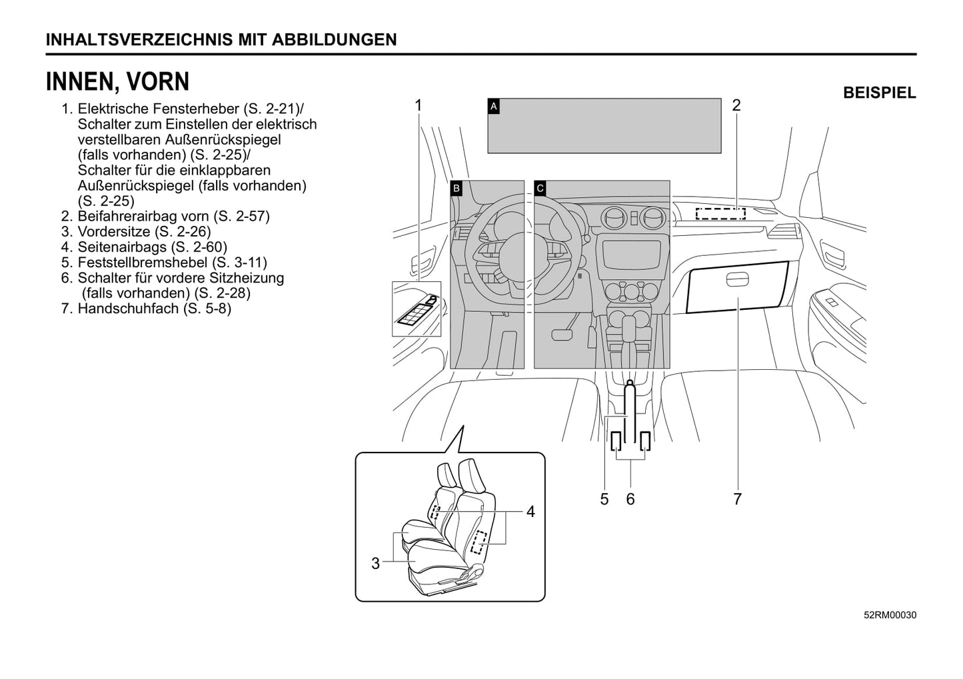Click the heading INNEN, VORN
tap(117, 82)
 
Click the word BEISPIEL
tap(879, 93)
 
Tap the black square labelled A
tap(494, 106)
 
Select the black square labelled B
tap(457, 188)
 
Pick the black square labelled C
tap(540, 188)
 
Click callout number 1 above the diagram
tap(419, 105)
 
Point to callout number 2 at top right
tap(736, 105)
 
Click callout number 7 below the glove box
tap(737, 498)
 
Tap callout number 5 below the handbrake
tap(604, 498)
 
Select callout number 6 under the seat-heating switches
tap(630, 498)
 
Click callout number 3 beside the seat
tap(375, 564)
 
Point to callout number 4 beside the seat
tap(530, 512)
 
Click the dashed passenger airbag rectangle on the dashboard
tap(720, 213)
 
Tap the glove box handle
tap(738, 280)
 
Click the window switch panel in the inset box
tap(416, 310)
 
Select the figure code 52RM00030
tap(890, 615)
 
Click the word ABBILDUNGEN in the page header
tap(335, 39)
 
